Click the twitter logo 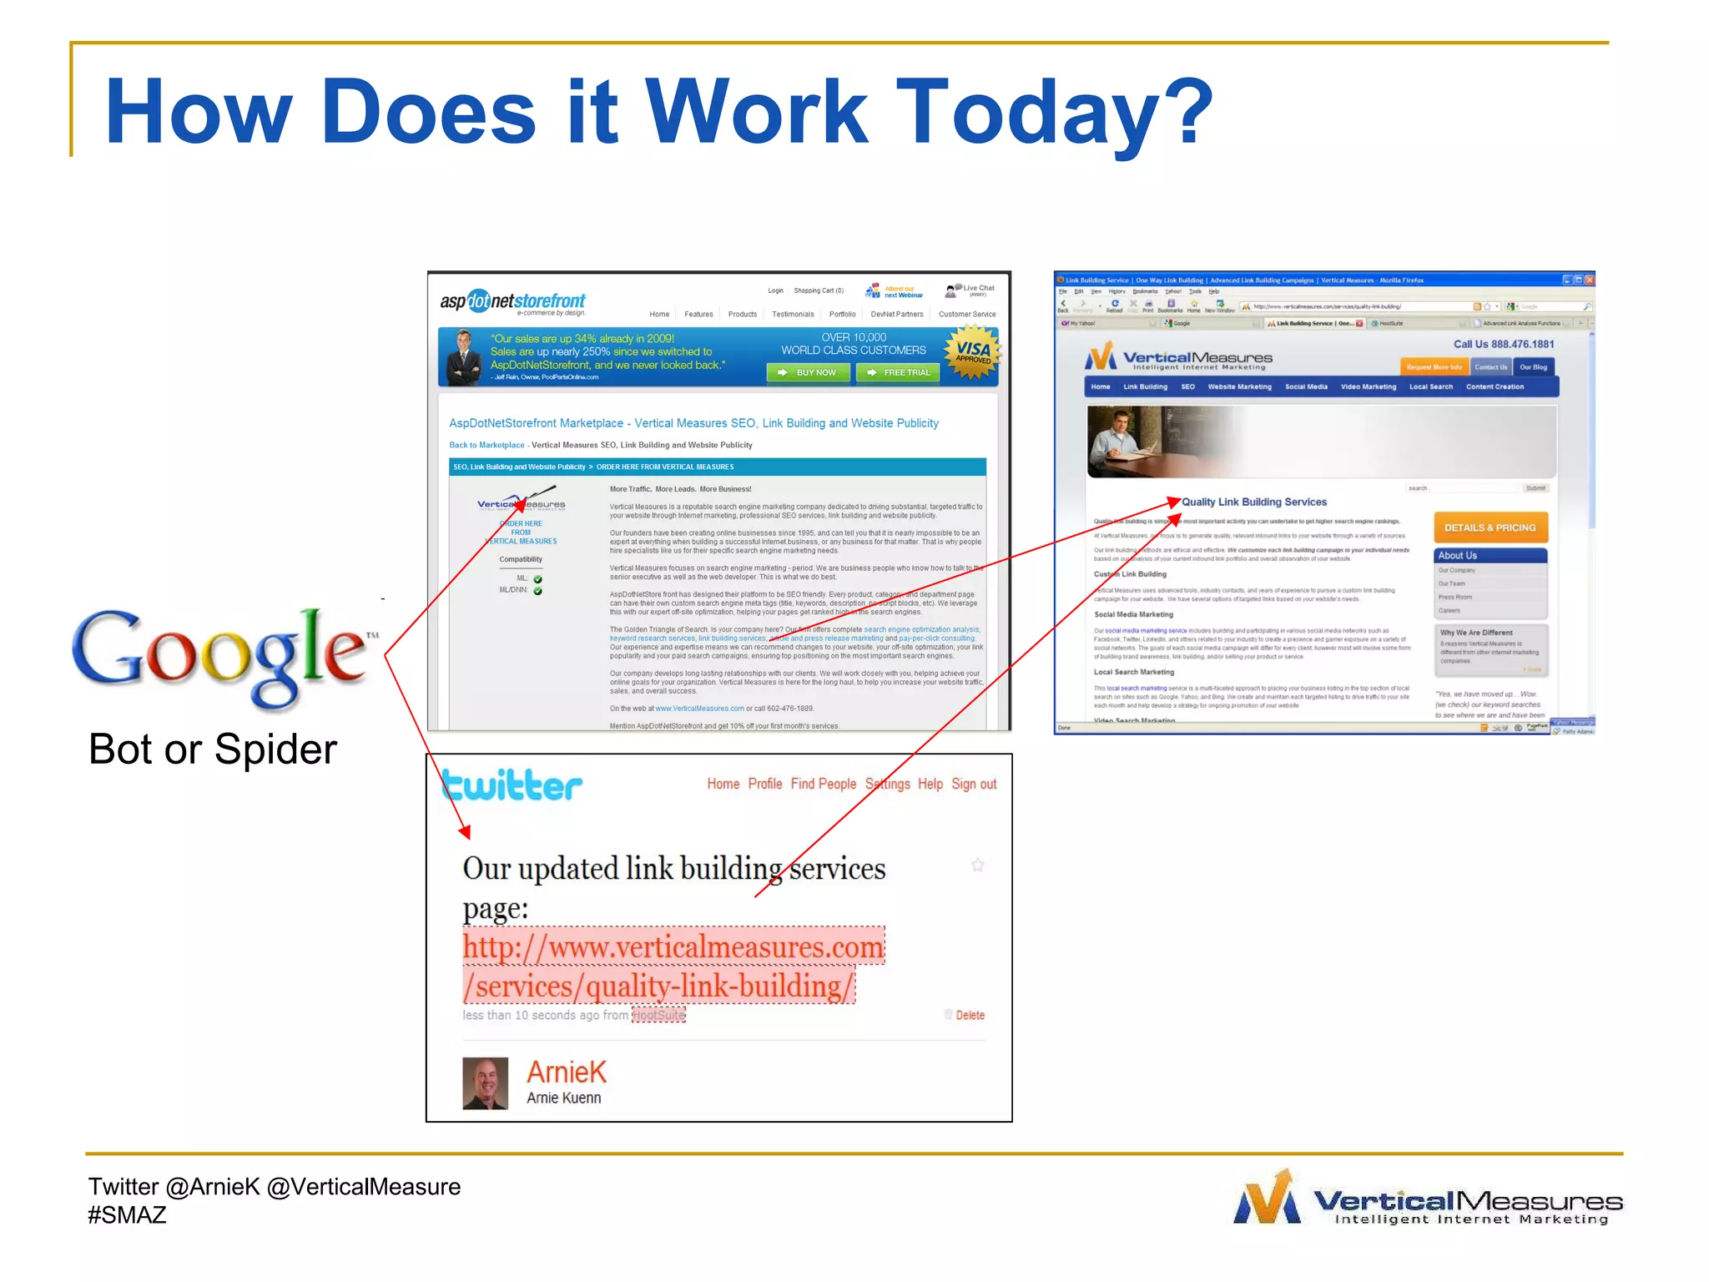512,785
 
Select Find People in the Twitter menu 823,784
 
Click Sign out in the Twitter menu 974,784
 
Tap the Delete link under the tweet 969,1015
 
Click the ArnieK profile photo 485,1083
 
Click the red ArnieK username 567,1072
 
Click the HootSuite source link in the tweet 658,1015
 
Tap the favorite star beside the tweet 977,866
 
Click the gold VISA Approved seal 972,353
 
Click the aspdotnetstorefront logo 513,302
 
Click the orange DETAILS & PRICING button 1490,527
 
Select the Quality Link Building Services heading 1253,502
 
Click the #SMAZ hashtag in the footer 127,1215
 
